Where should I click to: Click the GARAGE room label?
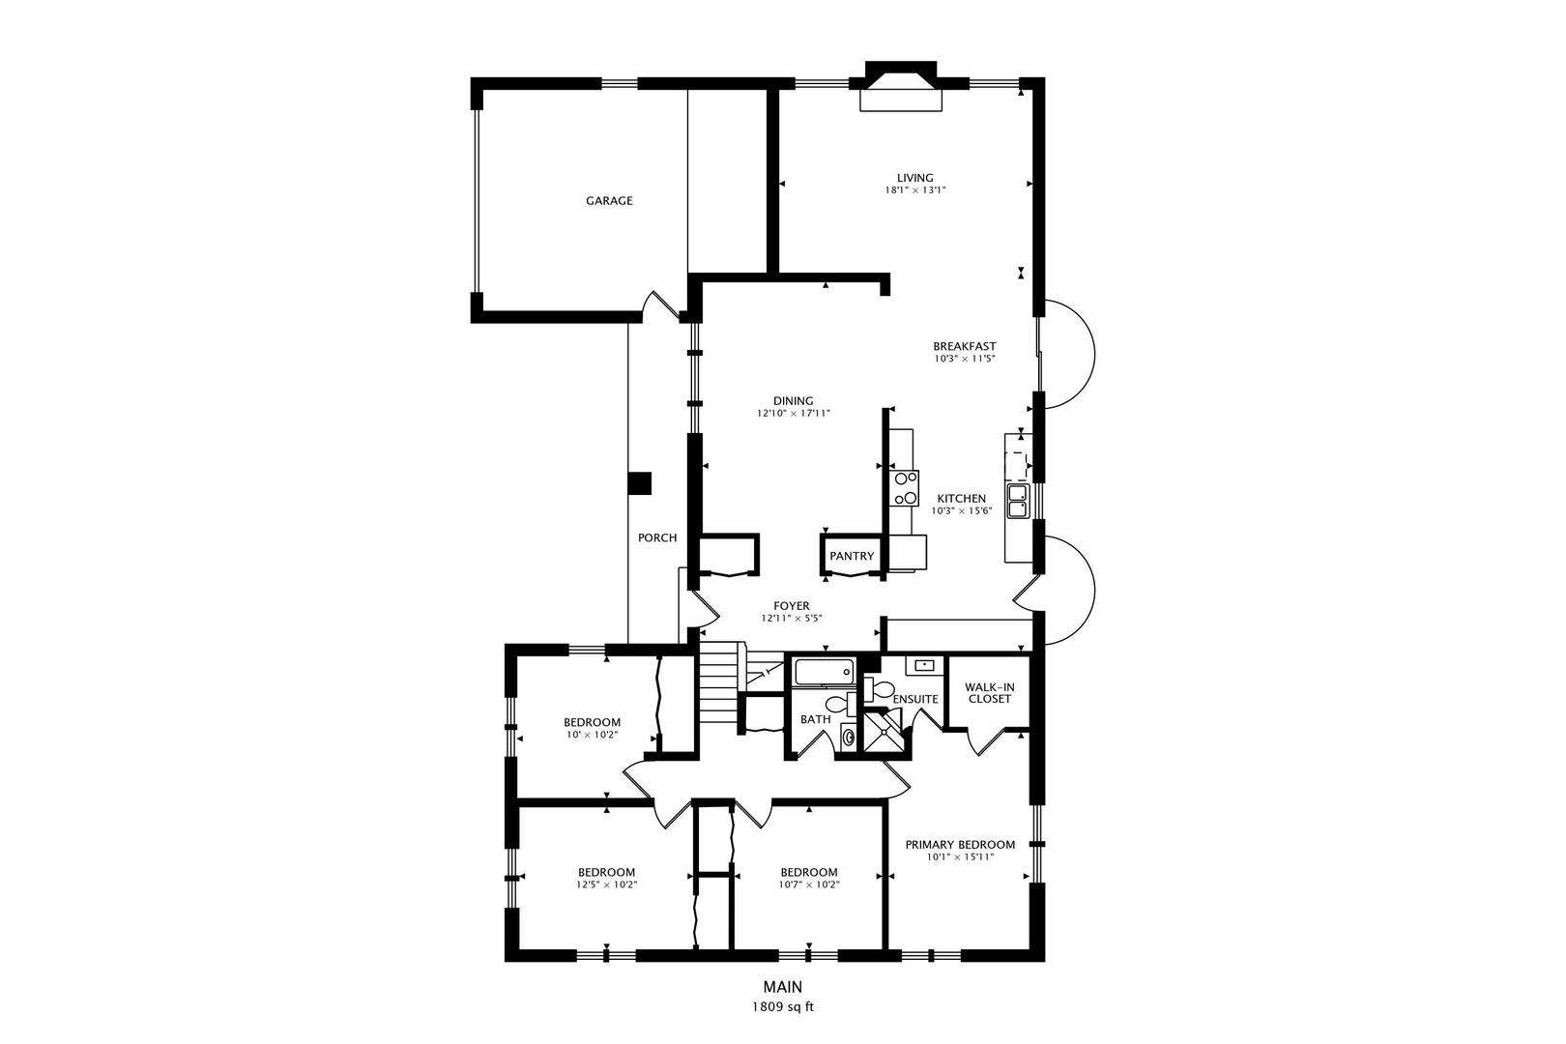609,201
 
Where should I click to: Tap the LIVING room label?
914,178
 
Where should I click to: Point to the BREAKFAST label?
964,346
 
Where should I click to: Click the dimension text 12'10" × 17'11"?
793,414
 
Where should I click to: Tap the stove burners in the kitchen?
906,488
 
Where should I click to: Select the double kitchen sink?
1018,500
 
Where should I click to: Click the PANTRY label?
852,556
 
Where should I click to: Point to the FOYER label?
791,606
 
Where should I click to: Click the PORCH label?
657,538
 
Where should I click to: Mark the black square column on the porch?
639,483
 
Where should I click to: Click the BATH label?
815,719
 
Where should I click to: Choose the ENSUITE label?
915,699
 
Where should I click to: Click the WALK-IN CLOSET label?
988,693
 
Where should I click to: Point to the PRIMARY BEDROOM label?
959,844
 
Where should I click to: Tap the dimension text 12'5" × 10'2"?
606,884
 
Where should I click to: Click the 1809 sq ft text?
783,1006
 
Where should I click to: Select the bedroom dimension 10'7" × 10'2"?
808,884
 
